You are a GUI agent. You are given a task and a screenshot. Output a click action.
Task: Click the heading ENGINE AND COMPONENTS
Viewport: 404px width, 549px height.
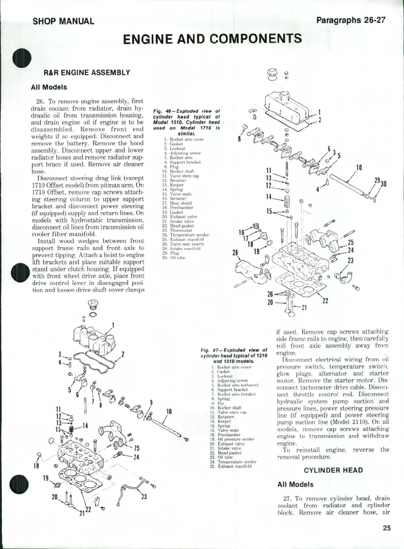212,38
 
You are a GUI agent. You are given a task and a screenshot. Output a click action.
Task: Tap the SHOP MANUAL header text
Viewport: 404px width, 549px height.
63,21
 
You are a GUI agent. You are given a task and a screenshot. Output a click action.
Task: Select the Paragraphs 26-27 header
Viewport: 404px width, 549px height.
350,20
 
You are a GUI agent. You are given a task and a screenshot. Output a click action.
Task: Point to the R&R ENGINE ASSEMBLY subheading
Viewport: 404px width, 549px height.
86,73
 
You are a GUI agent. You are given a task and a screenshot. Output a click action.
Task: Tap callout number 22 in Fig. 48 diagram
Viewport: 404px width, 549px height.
325,301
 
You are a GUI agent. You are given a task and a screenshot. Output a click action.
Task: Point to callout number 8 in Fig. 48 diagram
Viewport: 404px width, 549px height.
239,139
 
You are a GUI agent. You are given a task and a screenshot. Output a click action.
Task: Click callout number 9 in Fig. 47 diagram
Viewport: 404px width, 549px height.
151,402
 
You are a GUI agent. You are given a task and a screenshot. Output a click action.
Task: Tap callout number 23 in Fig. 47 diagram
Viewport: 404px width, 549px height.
144,497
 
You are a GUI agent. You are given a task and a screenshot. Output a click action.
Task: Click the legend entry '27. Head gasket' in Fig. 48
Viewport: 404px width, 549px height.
178,226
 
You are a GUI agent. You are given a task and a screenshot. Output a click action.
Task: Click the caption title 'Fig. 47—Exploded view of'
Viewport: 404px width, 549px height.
234,350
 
